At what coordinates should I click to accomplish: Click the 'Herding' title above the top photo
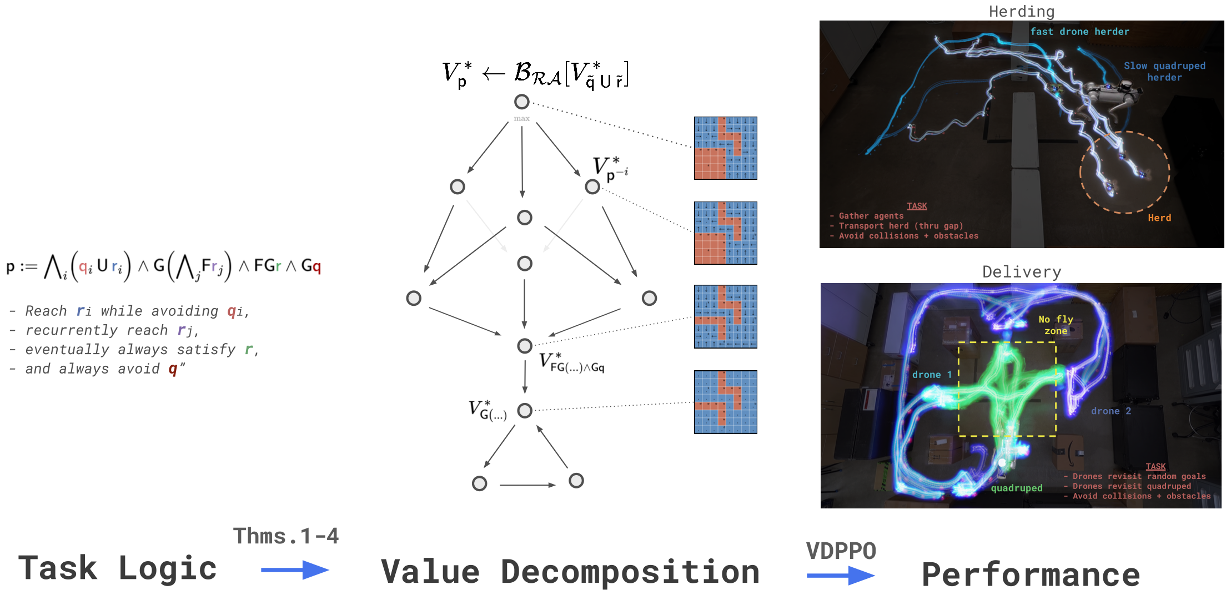[1021, 11]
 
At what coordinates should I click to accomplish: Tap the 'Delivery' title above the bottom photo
[1021, 271]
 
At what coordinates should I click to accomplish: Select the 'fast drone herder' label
[1079, 32]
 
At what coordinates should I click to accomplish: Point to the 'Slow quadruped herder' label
[1164, 72]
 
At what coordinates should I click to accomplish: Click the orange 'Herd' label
[1159, 218]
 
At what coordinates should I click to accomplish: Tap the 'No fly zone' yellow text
[1056, 325]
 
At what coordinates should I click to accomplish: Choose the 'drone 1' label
[932, 375]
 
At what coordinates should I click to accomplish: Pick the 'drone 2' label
[1111, 411]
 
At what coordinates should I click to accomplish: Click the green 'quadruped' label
[1017, 488]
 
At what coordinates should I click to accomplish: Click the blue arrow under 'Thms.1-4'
[294, 569]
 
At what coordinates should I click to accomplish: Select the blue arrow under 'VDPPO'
[840, 575]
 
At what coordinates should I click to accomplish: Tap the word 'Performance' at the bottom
[1031, 574]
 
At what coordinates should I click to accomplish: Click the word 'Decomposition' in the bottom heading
[630, 572]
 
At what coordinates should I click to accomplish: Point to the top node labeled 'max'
[521, 102]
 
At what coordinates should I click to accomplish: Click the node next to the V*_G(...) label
[524, 411]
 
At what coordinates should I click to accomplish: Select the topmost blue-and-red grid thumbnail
[725, 148]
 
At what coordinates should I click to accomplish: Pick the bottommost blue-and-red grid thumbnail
[725, 402]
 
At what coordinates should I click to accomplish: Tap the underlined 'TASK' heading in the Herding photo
[917, 206]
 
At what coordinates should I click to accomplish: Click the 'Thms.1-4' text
[285, 536]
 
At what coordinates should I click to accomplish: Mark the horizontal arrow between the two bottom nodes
[527, 485]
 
